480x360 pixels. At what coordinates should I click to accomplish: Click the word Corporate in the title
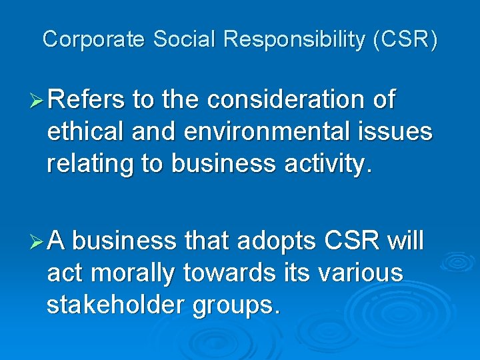point(93,39)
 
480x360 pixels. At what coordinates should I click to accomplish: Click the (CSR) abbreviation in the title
point(406,40)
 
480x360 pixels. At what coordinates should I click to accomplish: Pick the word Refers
point(87,100)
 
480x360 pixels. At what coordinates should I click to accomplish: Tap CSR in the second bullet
point(351,240)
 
